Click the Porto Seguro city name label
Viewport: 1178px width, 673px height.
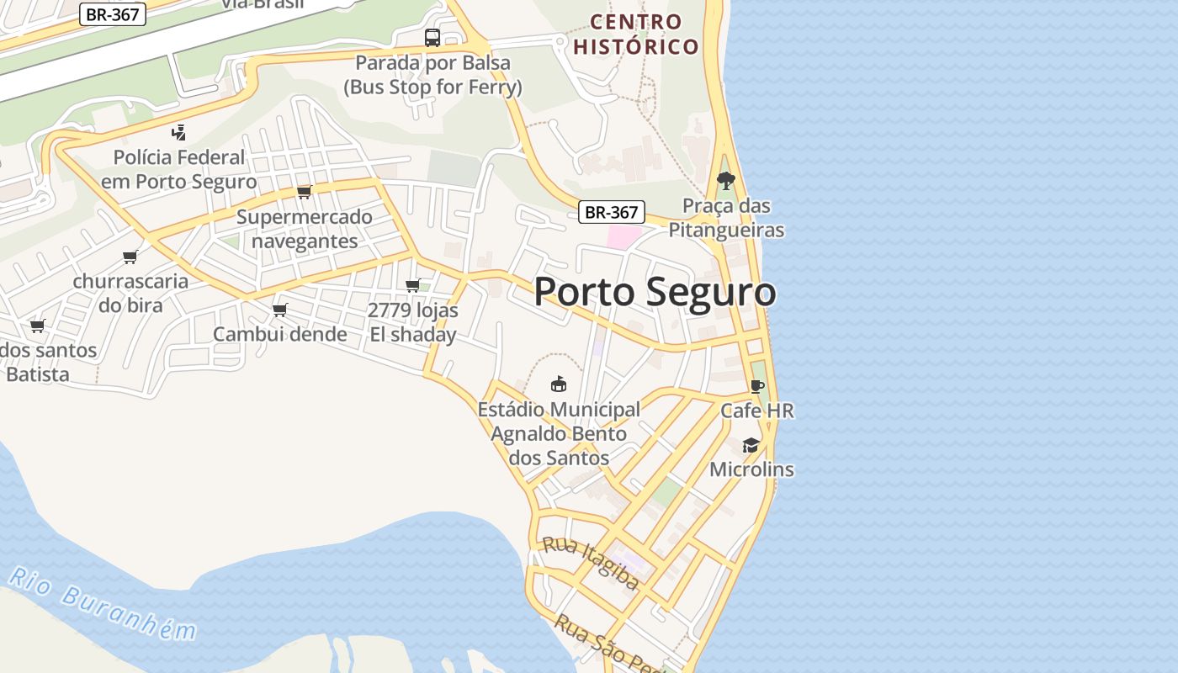pyautogui.click(x=655, y=292)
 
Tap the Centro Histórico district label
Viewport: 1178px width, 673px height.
pyautogui.click(x=636, y=34)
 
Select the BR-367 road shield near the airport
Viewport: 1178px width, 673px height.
pyautogui.click(x=113, y=14)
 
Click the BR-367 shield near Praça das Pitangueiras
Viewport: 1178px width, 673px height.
pyautogui.click(x=612, y=212)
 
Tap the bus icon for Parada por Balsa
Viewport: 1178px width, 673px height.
pyautogui.click(x=432, y=38)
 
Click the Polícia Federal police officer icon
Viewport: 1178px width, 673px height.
pyautogui.click(x=178, y=132)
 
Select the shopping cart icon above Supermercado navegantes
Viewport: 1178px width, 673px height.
pyautogui.click(x=305, y=192)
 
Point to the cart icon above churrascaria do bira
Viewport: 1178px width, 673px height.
pyautogui.click(x=130, y=257)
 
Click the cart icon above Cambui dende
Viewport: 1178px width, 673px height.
pyautogui.click(x=280, y=310)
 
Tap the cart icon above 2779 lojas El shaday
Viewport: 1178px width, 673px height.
pyautogui.click(x=413, y=285)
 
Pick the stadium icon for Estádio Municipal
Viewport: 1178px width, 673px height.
pyautogui.click(x=558, y=384)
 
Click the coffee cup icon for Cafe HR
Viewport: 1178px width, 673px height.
pyautogui.click(x=757, y=386)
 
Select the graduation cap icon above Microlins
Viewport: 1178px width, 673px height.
pyautogui.click(x=751, y=445)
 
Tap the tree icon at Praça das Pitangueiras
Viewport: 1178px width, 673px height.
pyautogui.click(x=725, y=180)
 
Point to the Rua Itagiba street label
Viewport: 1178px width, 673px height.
pyautogui.click(x=590, y=563)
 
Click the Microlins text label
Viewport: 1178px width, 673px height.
pyautogui.click(x=751, y=469)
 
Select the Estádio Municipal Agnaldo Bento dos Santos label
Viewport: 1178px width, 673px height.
pyautogui.click(x=559, y=434)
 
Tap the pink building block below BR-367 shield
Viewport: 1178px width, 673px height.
pyautogui.click(x=623, y=237)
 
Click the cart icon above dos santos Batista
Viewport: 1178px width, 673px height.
pyautogui.click(x=37, y=326)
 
